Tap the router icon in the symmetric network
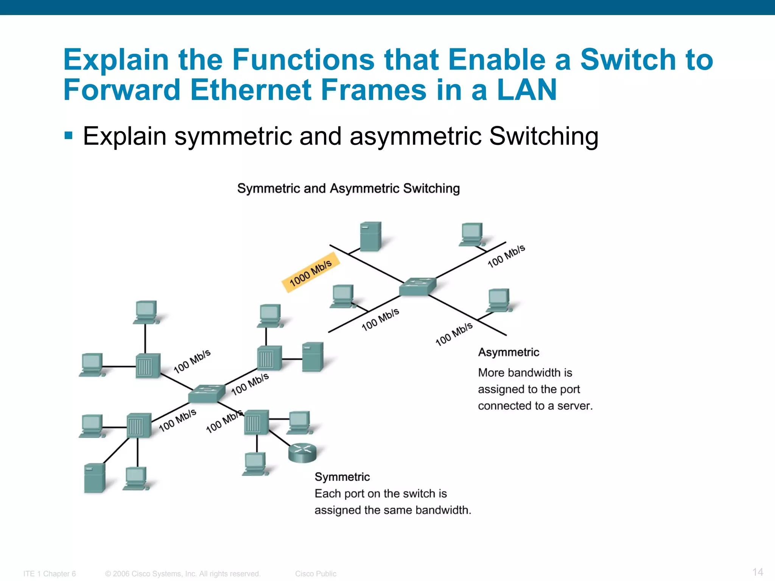(x=302, y=452)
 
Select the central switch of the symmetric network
(x=206, y=393)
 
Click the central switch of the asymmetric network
(x=417, y=287)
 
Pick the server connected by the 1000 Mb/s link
(x=370, y=237)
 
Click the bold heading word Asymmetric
(x=508, y=352)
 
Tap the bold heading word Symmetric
(x=342, y=477)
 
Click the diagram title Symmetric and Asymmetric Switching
(x=348, y=188)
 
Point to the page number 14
(x=758, y=572)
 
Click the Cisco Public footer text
(x=316, y=574)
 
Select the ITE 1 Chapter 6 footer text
(x=50, y=574)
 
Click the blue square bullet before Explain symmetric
(x=68, y=135)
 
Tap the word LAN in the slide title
(x=526, y=90)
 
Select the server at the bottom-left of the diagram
(x=94, y=478)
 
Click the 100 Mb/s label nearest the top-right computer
(x=506, y=256)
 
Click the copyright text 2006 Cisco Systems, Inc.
(x=183, y=574)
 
